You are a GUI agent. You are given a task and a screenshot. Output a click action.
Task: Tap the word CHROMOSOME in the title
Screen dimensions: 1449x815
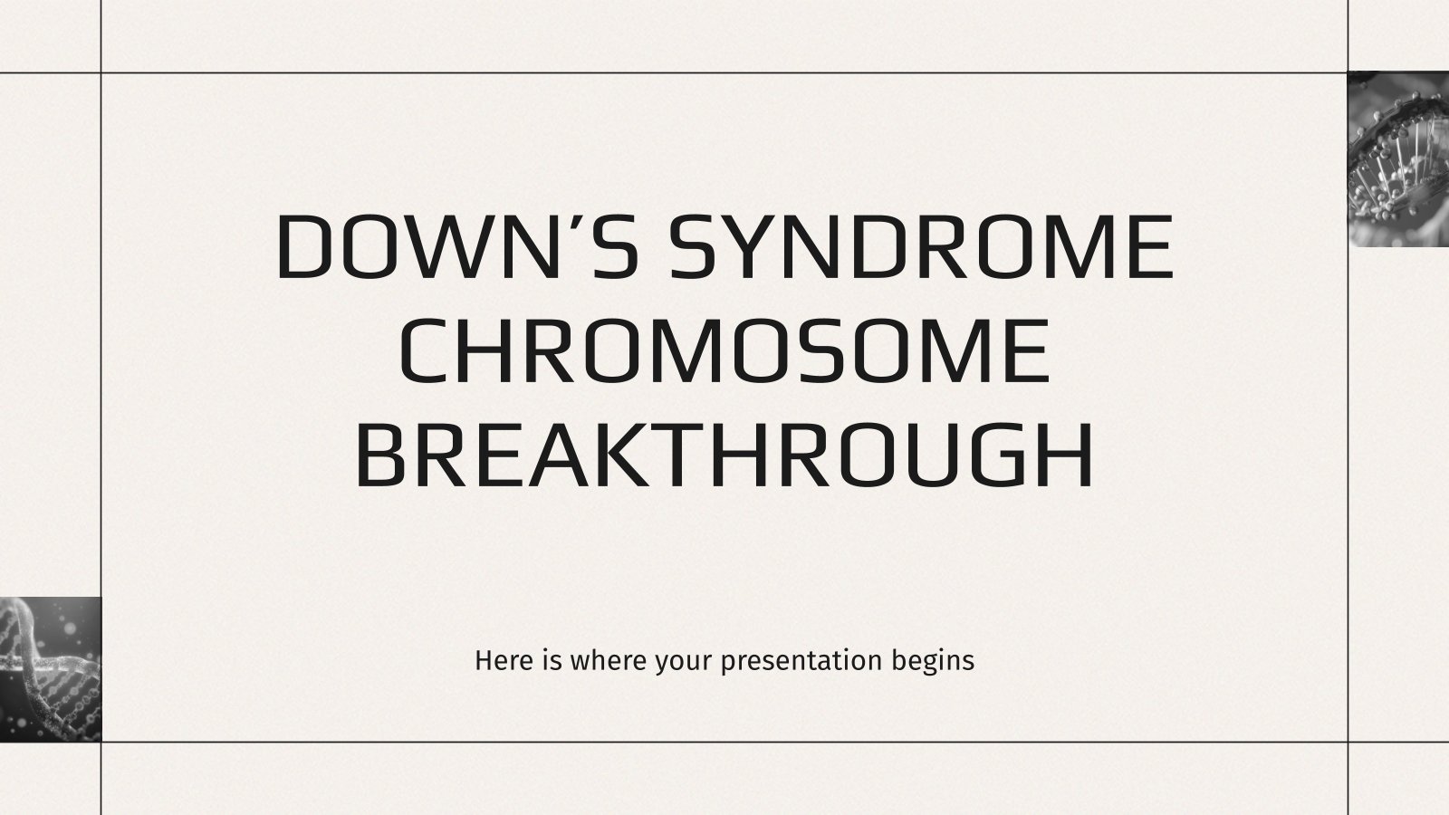724,351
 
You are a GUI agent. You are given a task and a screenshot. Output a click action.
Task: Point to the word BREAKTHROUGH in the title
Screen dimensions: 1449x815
724,455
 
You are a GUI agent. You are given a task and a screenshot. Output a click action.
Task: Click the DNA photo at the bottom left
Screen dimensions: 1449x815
51,669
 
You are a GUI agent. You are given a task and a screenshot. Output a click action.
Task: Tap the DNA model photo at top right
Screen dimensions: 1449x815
1398,159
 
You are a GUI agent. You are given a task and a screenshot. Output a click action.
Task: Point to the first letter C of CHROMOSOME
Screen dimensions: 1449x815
426,351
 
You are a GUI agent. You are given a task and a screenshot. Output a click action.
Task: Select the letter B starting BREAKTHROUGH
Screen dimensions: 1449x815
381,455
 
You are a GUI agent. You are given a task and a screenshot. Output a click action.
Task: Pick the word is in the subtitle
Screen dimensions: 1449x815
553,660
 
